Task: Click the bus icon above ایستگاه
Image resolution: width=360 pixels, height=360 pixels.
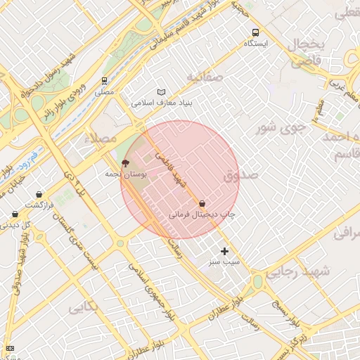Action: tap(255, 32)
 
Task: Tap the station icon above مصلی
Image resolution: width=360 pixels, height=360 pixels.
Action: tap(104, 81)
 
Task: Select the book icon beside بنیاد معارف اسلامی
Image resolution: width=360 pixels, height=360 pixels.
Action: tap(162, 92)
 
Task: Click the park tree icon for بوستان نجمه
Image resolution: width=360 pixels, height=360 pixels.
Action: tap(126, 163)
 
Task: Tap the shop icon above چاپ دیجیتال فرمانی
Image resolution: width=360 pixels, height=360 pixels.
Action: tap(202, 203)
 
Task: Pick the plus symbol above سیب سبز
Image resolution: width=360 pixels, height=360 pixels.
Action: tap(224, 251)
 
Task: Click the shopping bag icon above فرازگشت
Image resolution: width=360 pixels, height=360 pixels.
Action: tap(39, 194)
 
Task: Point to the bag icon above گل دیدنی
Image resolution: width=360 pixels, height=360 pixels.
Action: tap(15, 214)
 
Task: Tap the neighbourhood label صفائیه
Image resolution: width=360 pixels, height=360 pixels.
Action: tap(205, 76)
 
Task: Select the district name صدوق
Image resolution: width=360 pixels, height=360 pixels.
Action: tap(241, 175)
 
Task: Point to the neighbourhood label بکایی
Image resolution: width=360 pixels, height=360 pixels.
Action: tap(83, 307)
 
